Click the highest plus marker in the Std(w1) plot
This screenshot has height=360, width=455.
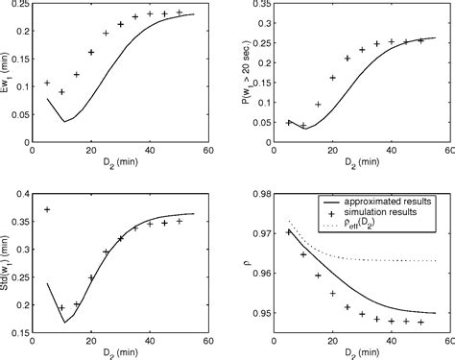pyautogui.click(x=47, y=209)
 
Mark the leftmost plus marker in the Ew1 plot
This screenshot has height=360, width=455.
pyautogui.click(x=47, y=84)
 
